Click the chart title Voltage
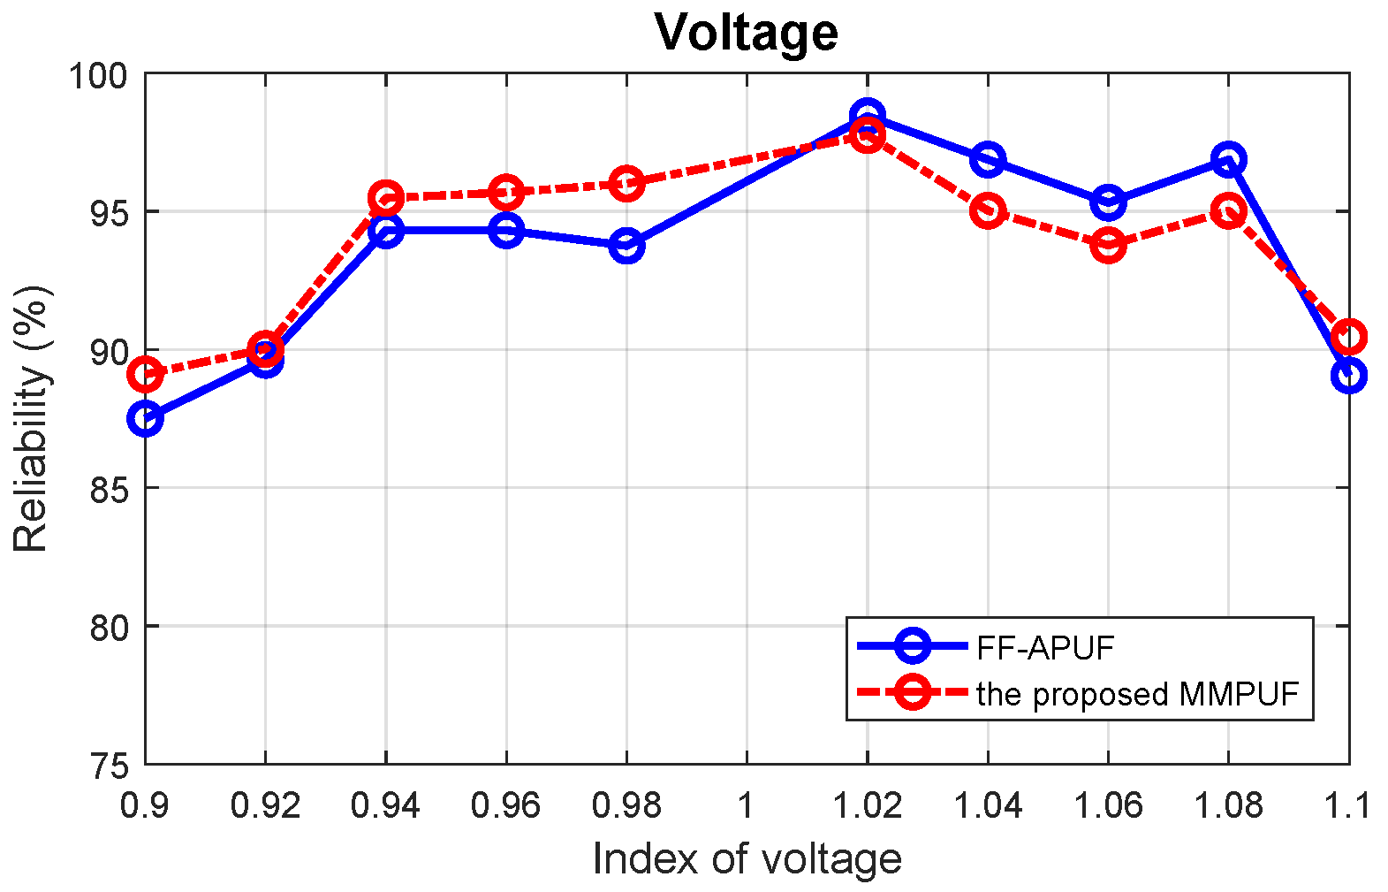click(x=747, y=33)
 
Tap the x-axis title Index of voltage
click(x=747, y=858)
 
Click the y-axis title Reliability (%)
click(x=32, y=419)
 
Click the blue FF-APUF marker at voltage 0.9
click(x=145, y=418)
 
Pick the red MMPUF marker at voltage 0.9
click(x=145, y=375)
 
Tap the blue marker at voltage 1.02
click(x=868, y=116)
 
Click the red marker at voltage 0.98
click(x=626, y=183)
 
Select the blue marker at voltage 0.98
click(x=626, y=246)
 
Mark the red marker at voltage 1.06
click(x=1108, y=245)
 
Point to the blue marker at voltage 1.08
click(x=1228, y=160)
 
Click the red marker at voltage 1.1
click(x=1348, y=337)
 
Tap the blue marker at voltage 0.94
click(x=386, y=231)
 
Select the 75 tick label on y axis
click(x=109, y=765)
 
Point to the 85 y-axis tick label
click(x=109, y=489)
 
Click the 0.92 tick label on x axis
click(x=265, y=805)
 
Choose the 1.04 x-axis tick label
click(x=987, y=805)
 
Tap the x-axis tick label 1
click(x=747, y=805)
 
